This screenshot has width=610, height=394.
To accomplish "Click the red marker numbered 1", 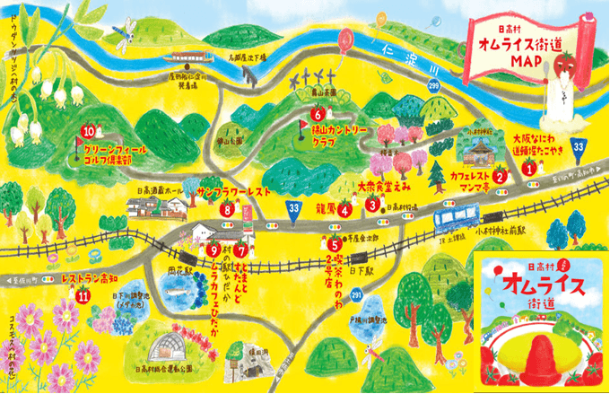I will click(x=529, y=167).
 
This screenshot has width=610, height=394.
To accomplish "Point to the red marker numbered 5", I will click(x=334, y=242).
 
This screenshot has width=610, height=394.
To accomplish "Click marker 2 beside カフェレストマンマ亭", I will click(x=500, y=177).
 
